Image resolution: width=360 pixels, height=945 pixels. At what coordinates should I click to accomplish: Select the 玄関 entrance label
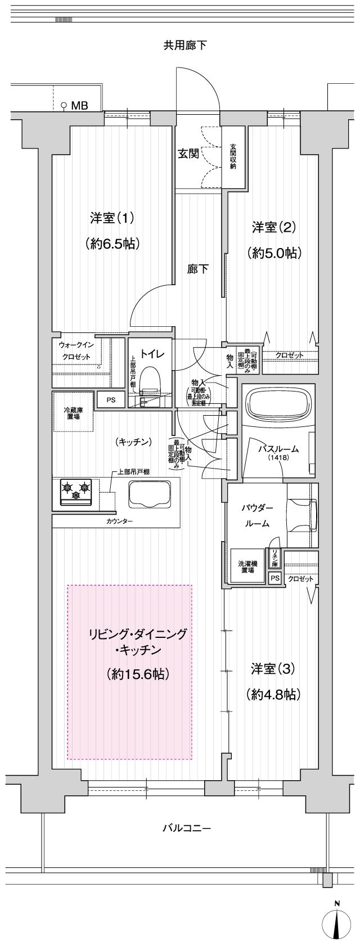pyautogui.click(x=188, y=154)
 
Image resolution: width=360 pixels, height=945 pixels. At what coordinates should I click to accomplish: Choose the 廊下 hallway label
pyautogui.click(x=197, y=269)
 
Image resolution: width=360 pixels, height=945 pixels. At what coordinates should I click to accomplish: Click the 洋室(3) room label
pyautogui.click(x=273, y=669)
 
